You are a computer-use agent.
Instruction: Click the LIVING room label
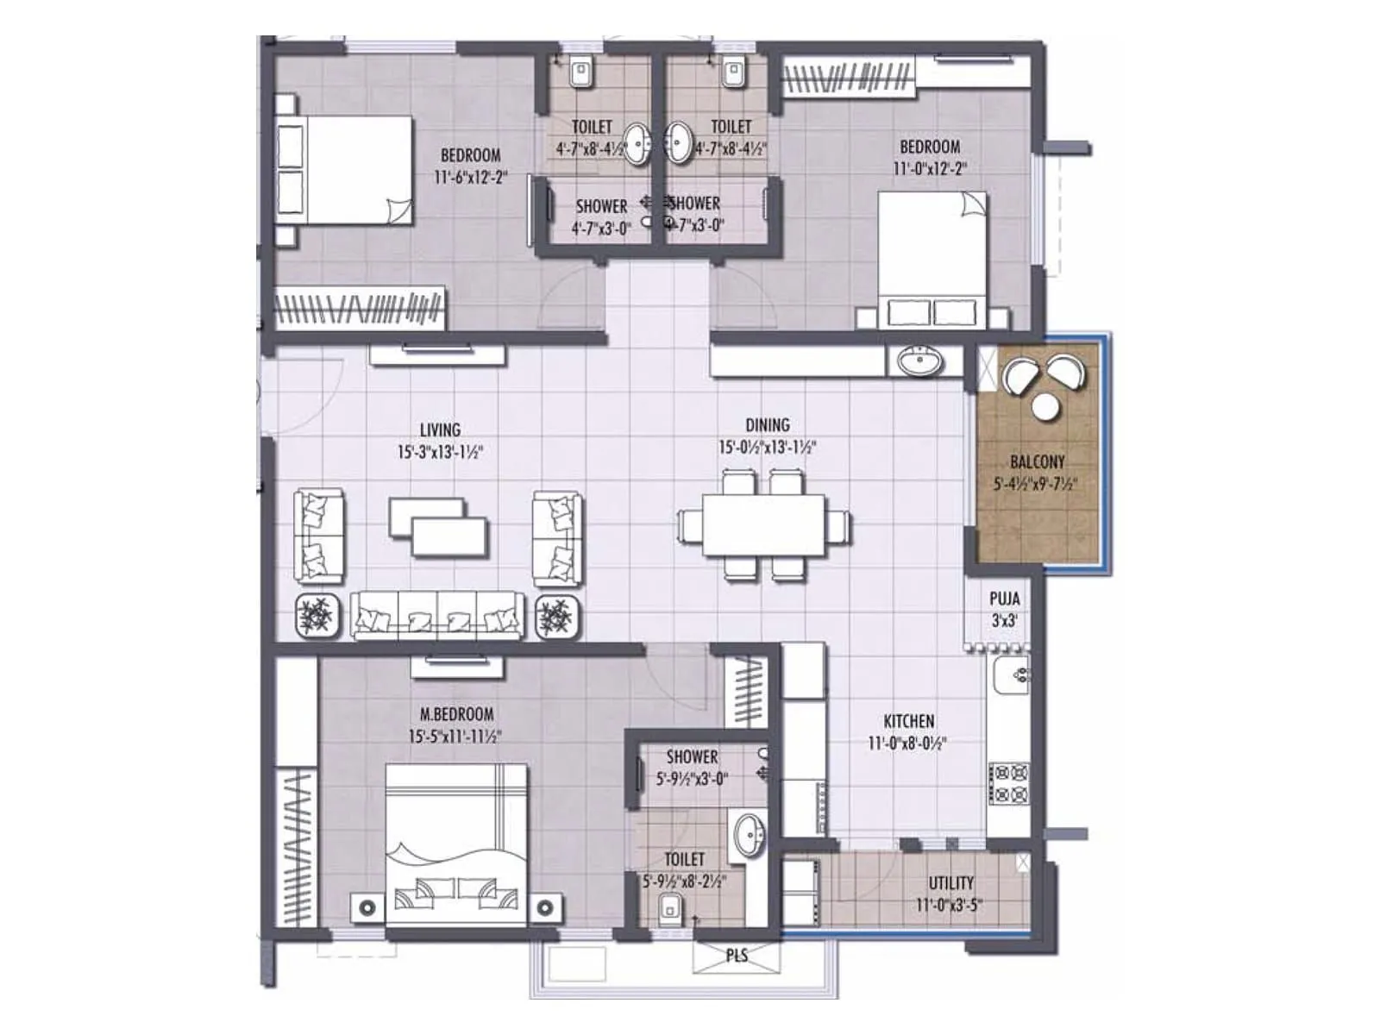pos(440,430)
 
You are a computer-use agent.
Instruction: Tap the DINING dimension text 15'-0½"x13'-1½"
pos(767,448)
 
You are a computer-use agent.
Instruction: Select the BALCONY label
pos(1037,462)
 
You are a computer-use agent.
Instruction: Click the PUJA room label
pos(1004,599)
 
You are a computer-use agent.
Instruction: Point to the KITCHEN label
pos(908,721)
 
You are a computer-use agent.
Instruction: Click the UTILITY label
pos(950,883)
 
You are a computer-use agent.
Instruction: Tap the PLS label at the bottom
pos(737,956)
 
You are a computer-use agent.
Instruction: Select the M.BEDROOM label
pos(456,714)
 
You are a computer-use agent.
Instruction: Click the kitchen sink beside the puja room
pos(1009,675)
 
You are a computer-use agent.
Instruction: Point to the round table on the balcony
pos(1046,406)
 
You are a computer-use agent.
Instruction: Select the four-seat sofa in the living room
pos(437,616)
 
